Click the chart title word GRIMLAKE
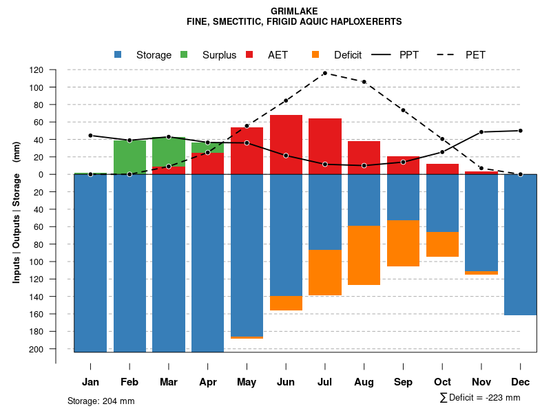tap(294, 12)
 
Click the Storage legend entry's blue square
tap(118, 54)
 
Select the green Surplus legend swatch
tap(184, 54)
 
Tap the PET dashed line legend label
tap(475, 55)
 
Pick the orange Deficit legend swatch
tap(315, 54)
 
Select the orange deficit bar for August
tap(364, 255)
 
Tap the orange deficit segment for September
tap(403, 243)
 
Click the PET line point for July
tap(325, 73)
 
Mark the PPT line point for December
tap(520, 131)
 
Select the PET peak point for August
tap(364, 82)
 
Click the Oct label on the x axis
tap(442, 382)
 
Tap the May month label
tap(247, 382)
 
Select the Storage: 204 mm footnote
tap(101, 401)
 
